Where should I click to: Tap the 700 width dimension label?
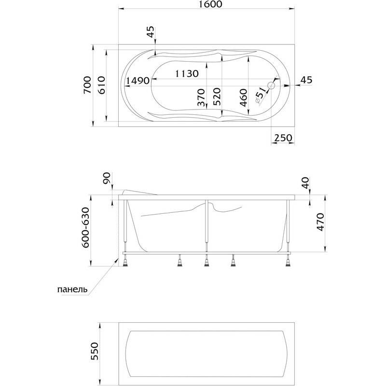(87, 85)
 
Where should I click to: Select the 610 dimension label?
(101, 85)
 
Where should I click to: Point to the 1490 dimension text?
(138, 81)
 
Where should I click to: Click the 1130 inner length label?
(187, 73)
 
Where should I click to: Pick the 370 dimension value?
(201, 97)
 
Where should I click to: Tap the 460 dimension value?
(243, 98)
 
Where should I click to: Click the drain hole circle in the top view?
(271, 86)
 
